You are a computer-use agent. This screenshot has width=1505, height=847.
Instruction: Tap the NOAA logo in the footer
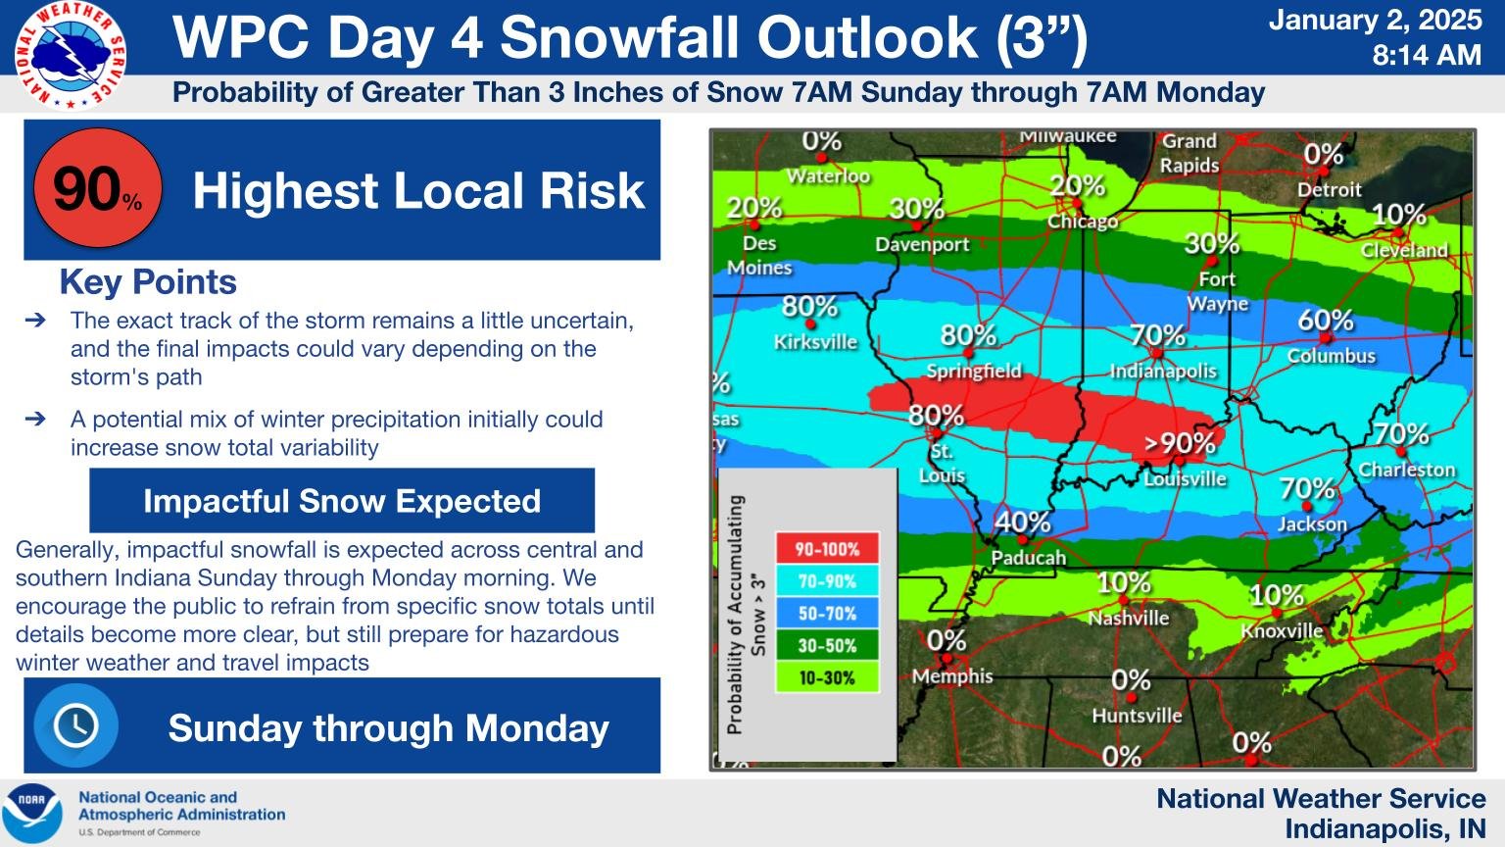(31, 813)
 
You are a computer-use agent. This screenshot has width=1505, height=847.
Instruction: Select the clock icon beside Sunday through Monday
(75, 726)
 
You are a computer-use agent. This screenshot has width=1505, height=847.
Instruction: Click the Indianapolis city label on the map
(1162, 371)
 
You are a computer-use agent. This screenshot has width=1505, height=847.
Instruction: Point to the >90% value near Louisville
(1180, 443)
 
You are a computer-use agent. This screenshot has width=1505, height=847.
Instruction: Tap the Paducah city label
(1028, 558)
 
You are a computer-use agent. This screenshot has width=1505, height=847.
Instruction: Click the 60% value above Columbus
(1326, 321)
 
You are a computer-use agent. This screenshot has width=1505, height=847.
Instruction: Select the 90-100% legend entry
(827, 549)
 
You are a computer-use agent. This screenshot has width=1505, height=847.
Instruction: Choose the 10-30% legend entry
(827, 677)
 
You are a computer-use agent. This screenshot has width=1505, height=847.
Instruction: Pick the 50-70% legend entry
(827, 614)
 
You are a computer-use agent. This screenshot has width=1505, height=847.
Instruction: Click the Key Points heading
(148, 282)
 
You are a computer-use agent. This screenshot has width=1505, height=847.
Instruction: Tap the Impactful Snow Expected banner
(342, 501)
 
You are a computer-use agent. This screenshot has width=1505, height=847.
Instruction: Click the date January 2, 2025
(1375, 21)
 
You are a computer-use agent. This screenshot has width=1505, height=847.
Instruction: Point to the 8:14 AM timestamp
(1426, 56)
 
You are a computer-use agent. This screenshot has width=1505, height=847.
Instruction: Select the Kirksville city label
(815, 342)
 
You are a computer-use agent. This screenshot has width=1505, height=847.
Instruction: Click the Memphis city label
(952, 676)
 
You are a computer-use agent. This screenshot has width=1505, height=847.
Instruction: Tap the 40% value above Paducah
(1023, 523)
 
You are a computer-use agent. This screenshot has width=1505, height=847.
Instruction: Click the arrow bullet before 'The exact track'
(35, 321)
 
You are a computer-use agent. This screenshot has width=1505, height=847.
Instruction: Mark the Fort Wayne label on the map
(1217, 291)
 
